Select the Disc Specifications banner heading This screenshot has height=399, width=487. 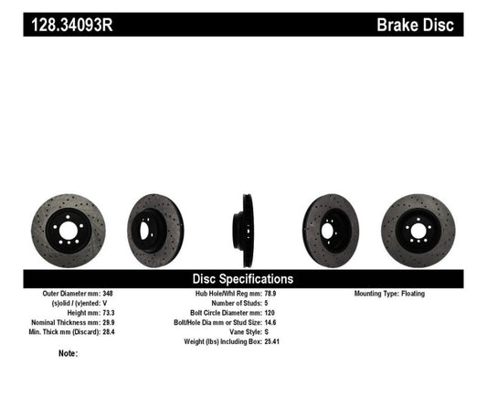pos(242,278)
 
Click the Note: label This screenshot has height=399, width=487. pos(68,352)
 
